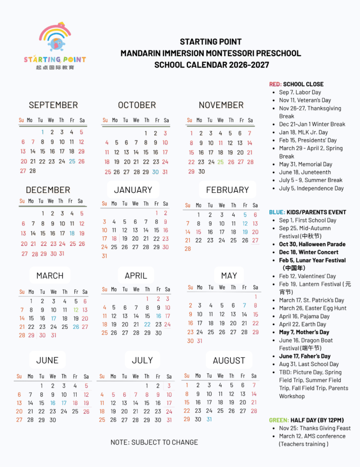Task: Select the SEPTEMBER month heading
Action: click(x=53, y=105)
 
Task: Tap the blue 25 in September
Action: click(x=72, y=161)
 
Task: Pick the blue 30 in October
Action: click(x=156, y=172)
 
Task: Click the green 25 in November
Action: click(x=221, y=162)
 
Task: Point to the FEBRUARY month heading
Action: click(x=227, y=190)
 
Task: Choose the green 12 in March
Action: click(x=76, y=310)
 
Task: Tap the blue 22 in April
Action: click(x=147, y=324)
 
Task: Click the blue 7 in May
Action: click(x=245, y=306)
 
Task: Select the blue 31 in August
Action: click(x=209, y=419)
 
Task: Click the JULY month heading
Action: click(x=142, y=360)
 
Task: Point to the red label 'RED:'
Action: click(x=275, y=84)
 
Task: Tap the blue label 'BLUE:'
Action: click(x=277, y=212)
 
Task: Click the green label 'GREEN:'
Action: click(x=279, y=420)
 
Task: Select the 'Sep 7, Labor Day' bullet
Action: click(x=300, y=92)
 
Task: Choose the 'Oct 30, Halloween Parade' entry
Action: click(x=312, y=244)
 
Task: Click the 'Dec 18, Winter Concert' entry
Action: click(x=308, y=252)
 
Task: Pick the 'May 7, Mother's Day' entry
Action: click(x=304, y=332)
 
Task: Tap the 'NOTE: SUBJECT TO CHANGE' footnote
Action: click(x=154, y=442)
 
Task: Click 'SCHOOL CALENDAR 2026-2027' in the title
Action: click(x=211, y=65)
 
